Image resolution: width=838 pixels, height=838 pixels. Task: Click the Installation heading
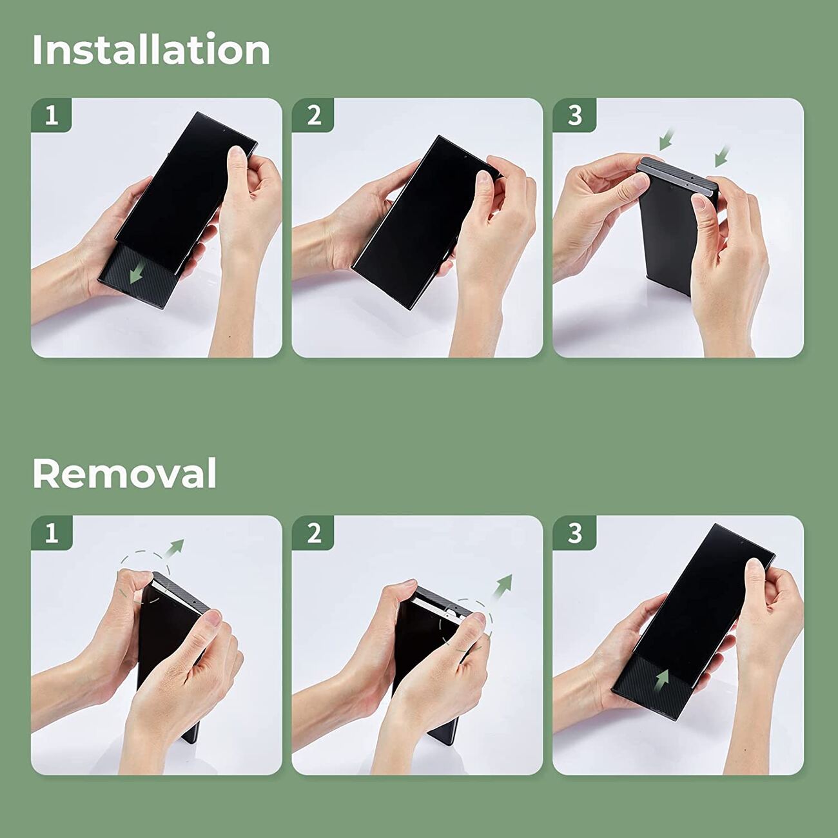pos(151,50)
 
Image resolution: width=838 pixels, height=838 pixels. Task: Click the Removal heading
pos(124,473)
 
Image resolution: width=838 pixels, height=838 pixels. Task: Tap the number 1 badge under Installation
pos(52,115)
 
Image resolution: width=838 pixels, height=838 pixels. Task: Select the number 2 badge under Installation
pos(313,115)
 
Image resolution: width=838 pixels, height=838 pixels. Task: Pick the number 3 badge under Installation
pos(574,115)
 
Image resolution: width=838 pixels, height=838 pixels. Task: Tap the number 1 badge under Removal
pos(52,532)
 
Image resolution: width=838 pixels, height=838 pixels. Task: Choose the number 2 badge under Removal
pos(313,532)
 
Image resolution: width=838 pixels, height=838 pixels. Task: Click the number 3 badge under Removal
pos(574,532)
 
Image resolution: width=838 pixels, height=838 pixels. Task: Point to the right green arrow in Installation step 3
pos(722,156)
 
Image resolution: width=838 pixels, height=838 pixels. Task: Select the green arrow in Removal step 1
pos(175,548)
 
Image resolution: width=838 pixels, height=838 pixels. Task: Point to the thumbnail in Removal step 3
pos(754,567)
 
